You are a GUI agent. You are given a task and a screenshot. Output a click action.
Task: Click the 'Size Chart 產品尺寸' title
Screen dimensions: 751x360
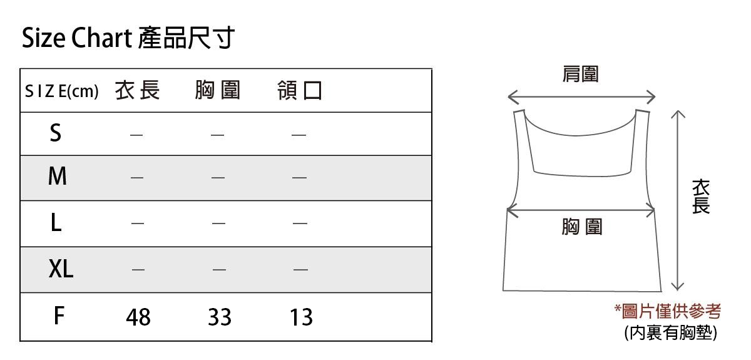tap(128, 39)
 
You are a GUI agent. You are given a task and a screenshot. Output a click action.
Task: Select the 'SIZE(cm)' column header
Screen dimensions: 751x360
tap(61, 91)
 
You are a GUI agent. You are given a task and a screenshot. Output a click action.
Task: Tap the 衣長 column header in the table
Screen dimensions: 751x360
tap(138, 91)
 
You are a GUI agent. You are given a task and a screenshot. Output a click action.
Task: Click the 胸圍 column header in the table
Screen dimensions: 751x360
tap(217, 91)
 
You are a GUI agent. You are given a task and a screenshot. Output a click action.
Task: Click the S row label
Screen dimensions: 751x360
tap(56, 133)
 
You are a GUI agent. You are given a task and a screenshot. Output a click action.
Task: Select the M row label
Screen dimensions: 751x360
tap(57, 177)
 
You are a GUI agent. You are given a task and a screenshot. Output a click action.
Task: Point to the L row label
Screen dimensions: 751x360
tap(56, 223)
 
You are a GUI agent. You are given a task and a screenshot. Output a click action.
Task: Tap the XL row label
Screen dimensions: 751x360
tap(61, 269)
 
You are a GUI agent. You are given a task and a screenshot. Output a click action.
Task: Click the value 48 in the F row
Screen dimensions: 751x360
tap(138, 317)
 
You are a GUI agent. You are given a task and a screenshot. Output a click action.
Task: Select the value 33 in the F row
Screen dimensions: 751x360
tap(219, 317)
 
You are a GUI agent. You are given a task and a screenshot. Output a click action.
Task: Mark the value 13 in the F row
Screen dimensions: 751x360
tap(300, 317)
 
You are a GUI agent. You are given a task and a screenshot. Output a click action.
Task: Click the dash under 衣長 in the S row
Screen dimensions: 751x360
tap(136, 134)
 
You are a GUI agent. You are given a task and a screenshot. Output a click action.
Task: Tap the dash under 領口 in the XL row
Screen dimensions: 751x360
tap(300, 270)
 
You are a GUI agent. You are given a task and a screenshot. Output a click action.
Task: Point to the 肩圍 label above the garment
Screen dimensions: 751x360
tap(580, 75)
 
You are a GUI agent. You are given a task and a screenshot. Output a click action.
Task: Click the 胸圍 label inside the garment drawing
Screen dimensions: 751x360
tap(581, 227)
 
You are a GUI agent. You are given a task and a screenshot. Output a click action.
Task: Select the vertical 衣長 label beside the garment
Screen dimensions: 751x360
tap(701, 197)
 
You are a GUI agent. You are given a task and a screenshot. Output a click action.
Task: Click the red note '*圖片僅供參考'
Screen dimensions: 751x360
tap(667, 311)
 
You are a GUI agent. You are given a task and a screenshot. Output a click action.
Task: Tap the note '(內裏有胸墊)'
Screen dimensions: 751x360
tap(670, 332)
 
